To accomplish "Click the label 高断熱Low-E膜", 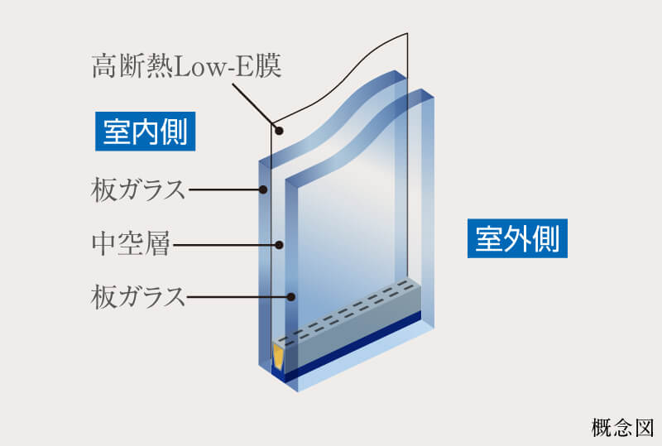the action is pyautogui.click(x=187, y=66).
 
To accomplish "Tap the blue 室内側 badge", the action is pyautogui.click(x=146, y=132).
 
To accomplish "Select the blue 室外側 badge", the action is pyautogui.click(x=517, y=238).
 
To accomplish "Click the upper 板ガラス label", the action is pyautogui.click(x=138, y=190).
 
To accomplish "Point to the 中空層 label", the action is pyautogui.click(x=131, y=244).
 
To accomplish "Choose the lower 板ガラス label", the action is pyautogui.click(x=138, y=297).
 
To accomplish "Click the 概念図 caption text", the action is pyautogui.click(x=623, y=428).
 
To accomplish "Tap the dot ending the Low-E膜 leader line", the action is pyautogui.click(x=279, y=131).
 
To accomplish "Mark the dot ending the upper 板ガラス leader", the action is pyautogui.click(x=263, y=189).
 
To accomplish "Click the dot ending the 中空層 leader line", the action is pyautogui.click(x=279, y=245).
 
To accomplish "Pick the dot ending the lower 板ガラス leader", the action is pyautogui.click(x=290, y=297).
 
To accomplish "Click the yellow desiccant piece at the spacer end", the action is pyautogui.click(x=278, y=356).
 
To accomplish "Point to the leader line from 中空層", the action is pyautogui.click(x=225, y=245).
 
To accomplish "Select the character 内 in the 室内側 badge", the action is pyautogui.click(x=146, y=132).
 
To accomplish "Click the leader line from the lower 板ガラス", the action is pyautogui.click(x=238, y=297).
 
